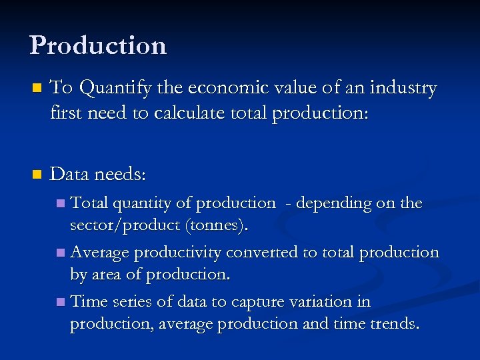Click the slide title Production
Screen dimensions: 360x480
[x=98, y=45]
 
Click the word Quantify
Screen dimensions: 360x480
[x=131, y=89]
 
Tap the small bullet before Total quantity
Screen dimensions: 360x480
[x=61, y=203]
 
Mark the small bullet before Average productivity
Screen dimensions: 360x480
[x=61, y=253]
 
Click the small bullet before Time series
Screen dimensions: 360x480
[x=61, y=302]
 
